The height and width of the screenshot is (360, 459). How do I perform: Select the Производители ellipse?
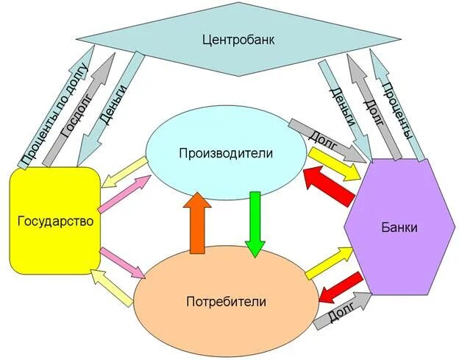[x=226, y=154]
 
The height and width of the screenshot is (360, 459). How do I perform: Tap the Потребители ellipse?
[x=226, y=300]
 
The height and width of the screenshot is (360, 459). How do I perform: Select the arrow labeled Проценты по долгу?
[x=55, y=110]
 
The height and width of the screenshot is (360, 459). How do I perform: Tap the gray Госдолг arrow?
[x=79, y=107]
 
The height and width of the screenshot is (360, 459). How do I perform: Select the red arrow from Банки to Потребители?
[x=341, y=288]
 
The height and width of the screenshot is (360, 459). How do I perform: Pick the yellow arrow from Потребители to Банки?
[x=330, y=261]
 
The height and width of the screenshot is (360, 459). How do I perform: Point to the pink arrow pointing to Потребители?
[x=121, y=261]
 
